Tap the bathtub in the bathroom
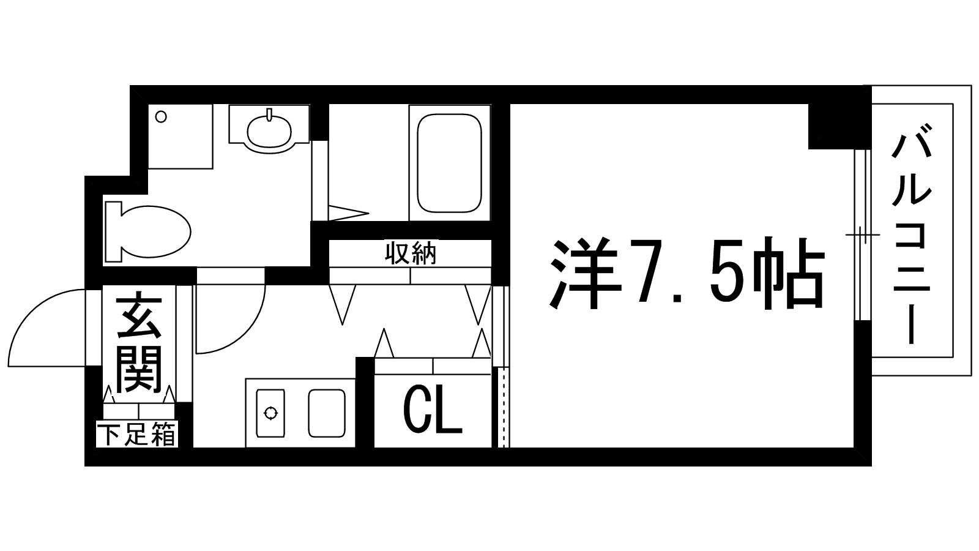[449, 163]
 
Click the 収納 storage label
[411, 253]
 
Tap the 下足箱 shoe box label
[137, 436]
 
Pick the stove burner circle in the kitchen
[269, 413]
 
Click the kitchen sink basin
[327, 413]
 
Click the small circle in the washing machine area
[161, 116]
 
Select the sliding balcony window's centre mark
[863, 234]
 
